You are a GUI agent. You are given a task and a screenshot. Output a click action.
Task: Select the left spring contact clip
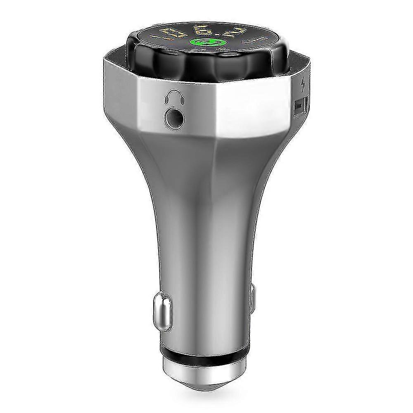(x=161, y=310)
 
